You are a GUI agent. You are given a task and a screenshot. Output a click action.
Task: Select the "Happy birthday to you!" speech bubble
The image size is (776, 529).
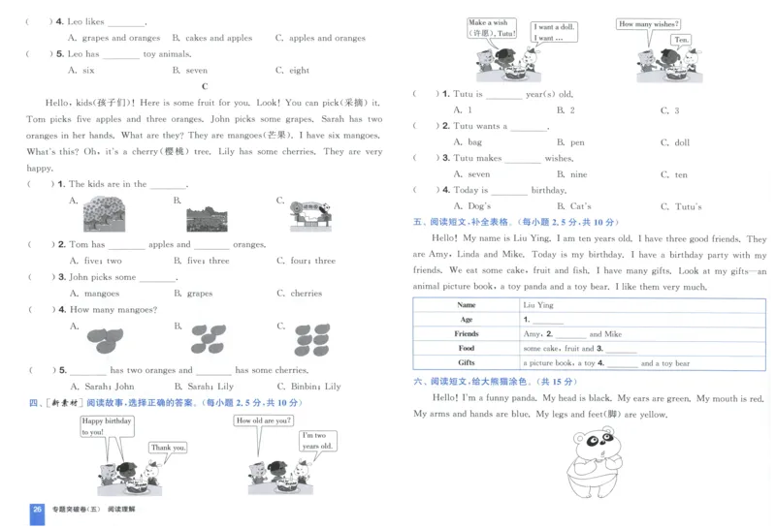point(106,426)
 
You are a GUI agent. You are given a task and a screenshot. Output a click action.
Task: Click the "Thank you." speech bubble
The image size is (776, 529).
point(168,447)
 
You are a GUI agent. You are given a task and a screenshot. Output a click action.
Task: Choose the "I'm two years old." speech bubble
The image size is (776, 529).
point(317,441)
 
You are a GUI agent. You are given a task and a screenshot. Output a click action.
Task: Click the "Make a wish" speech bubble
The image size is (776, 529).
point(489,28)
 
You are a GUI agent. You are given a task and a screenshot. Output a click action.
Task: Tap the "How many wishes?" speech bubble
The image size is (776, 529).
point(647,24)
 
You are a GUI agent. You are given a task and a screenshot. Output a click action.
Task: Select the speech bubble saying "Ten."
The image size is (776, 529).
point(682,40)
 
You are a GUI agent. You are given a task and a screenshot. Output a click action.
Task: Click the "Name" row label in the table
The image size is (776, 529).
point(467,304)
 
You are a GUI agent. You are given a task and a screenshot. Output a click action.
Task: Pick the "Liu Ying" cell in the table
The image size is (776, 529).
point(539,304)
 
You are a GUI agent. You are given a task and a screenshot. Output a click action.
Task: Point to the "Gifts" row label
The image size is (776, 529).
point(467,362)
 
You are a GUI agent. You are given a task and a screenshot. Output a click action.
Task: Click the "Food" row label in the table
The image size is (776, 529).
point(467,348)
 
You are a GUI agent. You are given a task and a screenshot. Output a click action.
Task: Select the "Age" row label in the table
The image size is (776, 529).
point(467,319)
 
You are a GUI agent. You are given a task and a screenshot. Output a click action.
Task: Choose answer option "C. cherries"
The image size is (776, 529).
point(300,294)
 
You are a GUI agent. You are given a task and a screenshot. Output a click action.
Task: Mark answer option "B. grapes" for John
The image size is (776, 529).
point(193,294)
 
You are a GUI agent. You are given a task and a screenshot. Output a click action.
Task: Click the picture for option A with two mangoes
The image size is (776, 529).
point(105,337)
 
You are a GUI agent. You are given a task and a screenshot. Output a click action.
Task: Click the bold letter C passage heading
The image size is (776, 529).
point(205,86)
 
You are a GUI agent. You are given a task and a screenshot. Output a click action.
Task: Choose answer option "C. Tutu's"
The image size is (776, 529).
point(681,206)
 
